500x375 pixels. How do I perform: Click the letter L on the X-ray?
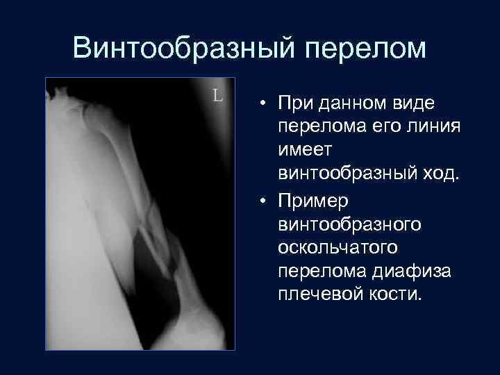coord(217,95)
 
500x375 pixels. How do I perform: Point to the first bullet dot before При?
coord(265,105)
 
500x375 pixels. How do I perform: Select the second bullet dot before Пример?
coord(265,200)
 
